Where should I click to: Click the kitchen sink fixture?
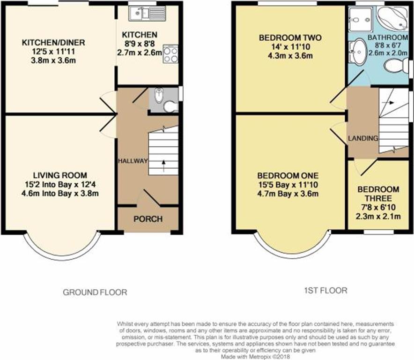tap(148, 14)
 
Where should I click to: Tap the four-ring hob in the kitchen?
tap(170, 54)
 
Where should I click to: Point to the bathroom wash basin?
tap(357, 52)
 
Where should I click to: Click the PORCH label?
tap(148, 219)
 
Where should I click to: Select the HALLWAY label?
tap(133, 161)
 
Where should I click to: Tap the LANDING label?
tap(363, 138)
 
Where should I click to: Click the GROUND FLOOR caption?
tap(95, 292)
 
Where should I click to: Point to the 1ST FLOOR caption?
tap(325, 291)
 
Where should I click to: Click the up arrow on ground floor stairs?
tap(164, 166)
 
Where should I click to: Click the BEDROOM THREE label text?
tap(378, 194)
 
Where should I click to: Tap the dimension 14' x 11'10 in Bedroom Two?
tap(290, 47)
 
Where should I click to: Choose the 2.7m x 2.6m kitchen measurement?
tap(140, 52)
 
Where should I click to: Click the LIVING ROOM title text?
tap(60, 175)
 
